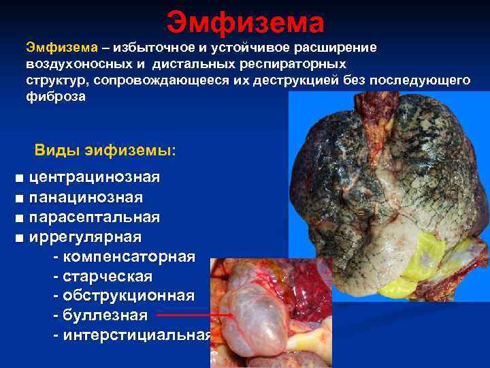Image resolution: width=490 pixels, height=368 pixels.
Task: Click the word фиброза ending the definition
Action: (x=56, y=97)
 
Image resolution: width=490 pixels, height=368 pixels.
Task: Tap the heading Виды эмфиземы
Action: (x=105, y=149)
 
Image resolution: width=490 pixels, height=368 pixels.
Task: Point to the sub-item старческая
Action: (x=107, y=277)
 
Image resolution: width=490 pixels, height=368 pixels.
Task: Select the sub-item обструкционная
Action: (x=127, y=296)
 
